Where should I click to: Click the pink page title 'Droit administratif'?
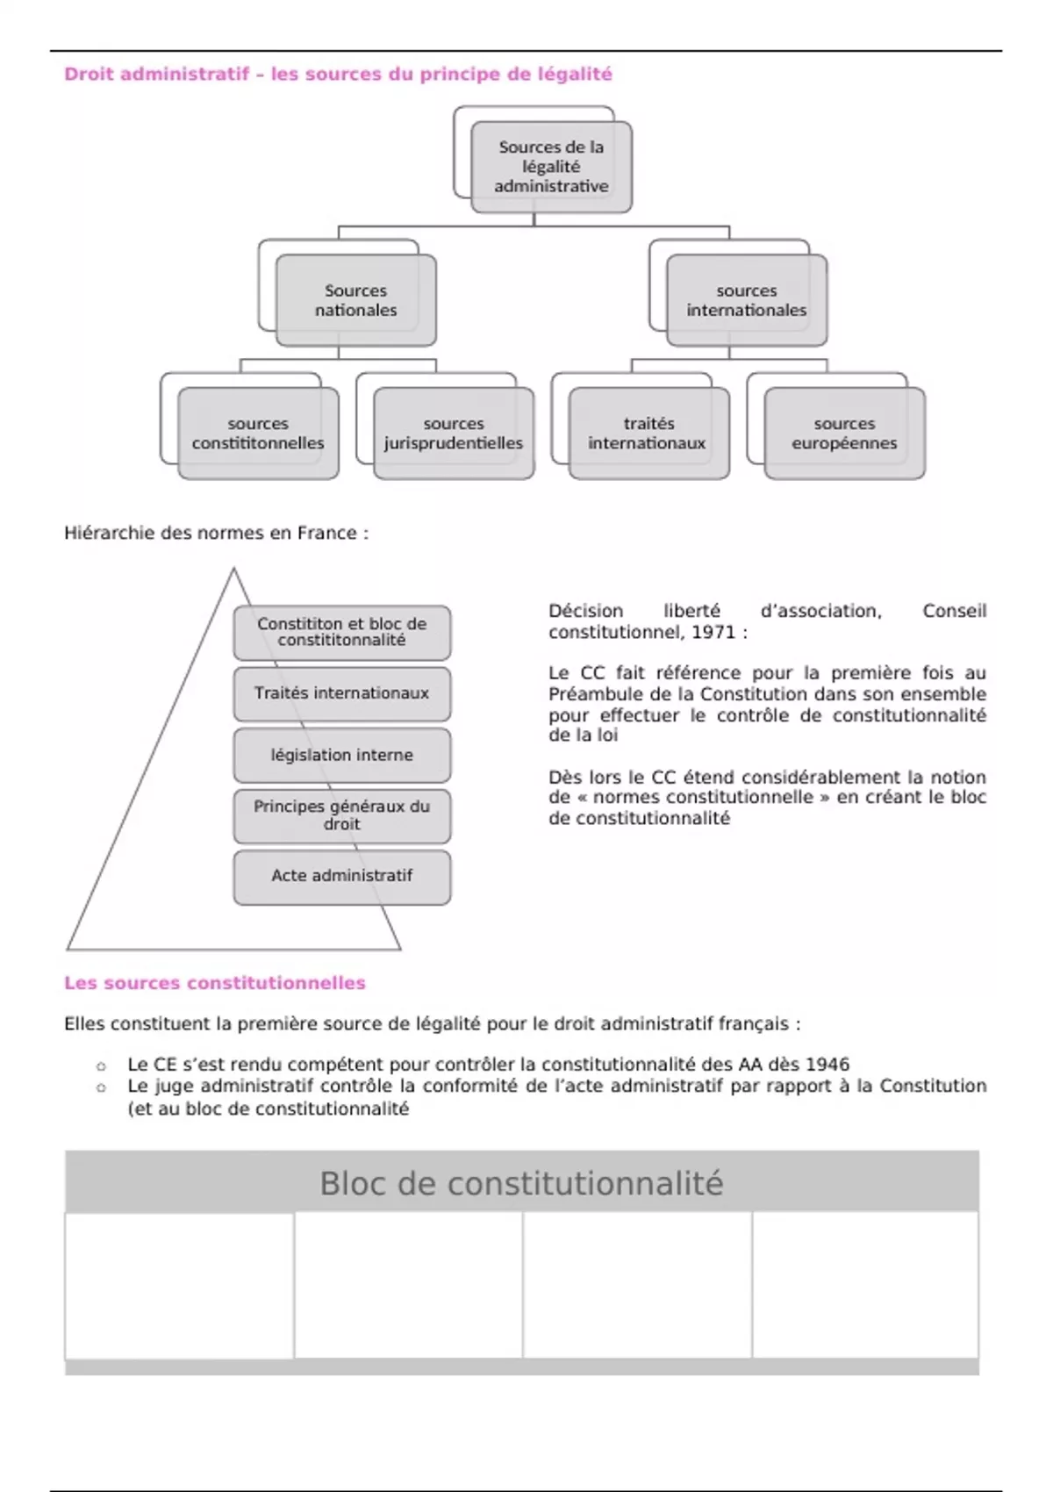(157, 75)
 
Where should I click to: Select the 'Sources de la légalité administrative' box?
(551, 167)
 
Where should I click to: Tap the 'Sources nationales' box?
(355, 300)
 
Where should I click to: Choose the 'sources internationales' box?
(746, 300)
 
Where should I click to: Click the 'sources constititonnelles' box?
(258, 434)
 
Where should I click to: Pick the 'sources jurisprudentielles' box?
(454, 434)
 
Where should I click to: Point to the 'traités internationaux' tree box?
(648, 434)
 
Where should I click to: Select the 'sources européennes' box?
(844, 434)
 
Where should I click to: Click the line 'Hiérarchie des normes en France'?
(216, 533)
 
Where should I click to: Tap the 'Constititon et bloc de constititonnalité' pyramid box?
(342, 632)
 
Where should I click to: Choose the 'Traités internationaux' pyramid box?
(342, 693)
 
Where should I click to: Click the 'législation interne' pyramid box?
(342, 755)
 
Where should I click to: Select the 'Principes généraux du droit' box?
(342, 815)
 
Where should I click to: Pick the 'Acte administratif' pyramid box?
(342, 876)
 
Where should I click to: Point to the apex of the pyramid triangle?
(233, 570)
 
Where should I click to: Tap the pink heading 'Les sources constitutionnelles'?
(215, 983)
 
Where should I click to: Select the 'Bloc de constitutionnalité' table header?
(521, 1183)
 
